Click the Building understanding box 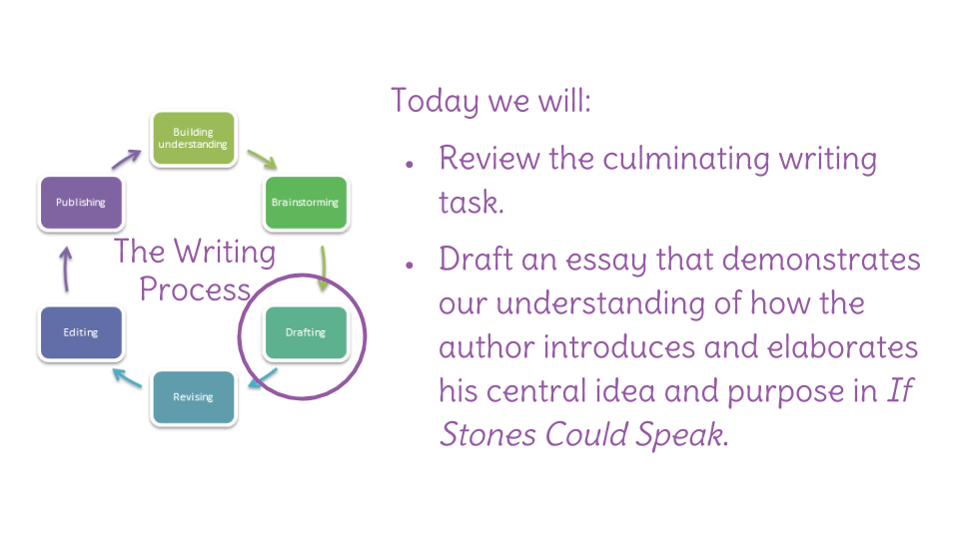pyautogui.click(x=193, y=138)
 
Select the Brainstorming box pyautogui.click(x=306, y=203)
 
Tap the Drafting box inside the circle pyautogui.click(x=306, y=332)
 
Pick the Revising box pyautogui.click(x=193, y=397)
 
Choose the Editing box pyautogui.click(x=81, y=332)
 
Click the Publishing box pyautogui.click(x=81, y=203)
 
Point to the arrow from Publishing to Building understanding pyautogui.click(x=126, y=159)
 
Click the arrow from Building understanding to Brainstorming pyautogui.click(x=263, y=159)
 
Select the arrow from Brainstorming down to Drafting pyautogui.click(x=323, y=269)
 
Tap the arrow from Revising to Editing pyautogui.click(x=127, y=377)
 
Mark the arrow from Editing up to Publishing pyautogui.click(x=66, y=269)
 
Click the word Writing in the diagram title pyautogui.click(x=225, y=252)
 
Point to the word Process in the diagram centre pyautogui.click(x=195, y=289)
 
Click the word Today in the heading pyautogui.click(x=435, y=101)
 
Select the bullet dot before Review pyautogui.click(x=410, y=165)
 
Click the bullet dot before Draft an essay pyautogui.click(x=410, y=265)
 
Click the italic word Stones pyautogui.click(x=488, y=434)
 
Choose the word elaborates pyautogui.click(x=843, y=347)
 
